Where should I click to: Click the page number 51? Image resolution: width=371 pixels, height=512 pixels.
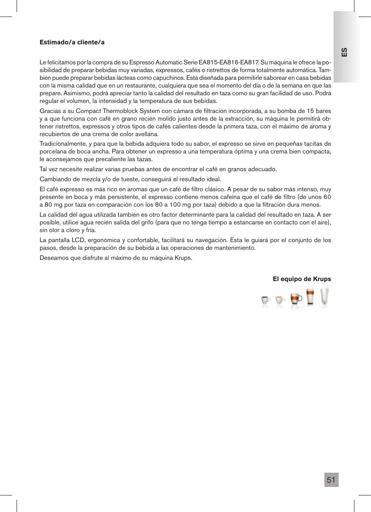coord(331,480)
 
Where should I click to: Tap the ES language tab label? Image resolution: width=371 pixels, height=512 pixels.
coord(344,52)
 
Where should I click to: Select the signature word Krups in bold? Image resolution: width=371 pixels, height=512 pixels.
coord(322,279)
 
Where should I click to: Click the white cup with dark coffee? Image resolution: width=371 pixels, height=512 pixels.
coord(266,300)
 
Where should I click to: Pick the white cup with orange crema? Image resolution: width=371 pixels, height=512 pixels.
coord(280,300)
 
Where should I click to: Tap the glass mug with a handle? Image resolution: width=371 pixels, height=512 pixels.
coord(296,299)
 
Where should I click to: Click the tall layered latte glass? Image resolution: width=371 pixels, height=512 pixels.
coord(310,297)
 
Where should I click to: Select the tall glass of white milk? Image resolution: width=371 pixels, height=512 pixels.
coord(325,296)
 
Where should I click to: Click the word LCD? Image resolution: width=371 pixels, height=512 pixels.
coord(78,240)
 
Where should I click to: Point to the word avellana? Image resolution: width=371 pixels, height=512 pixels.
coord(147,134)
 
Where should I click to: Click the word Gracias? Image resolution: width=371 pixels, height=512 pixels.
coord(50,111)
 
